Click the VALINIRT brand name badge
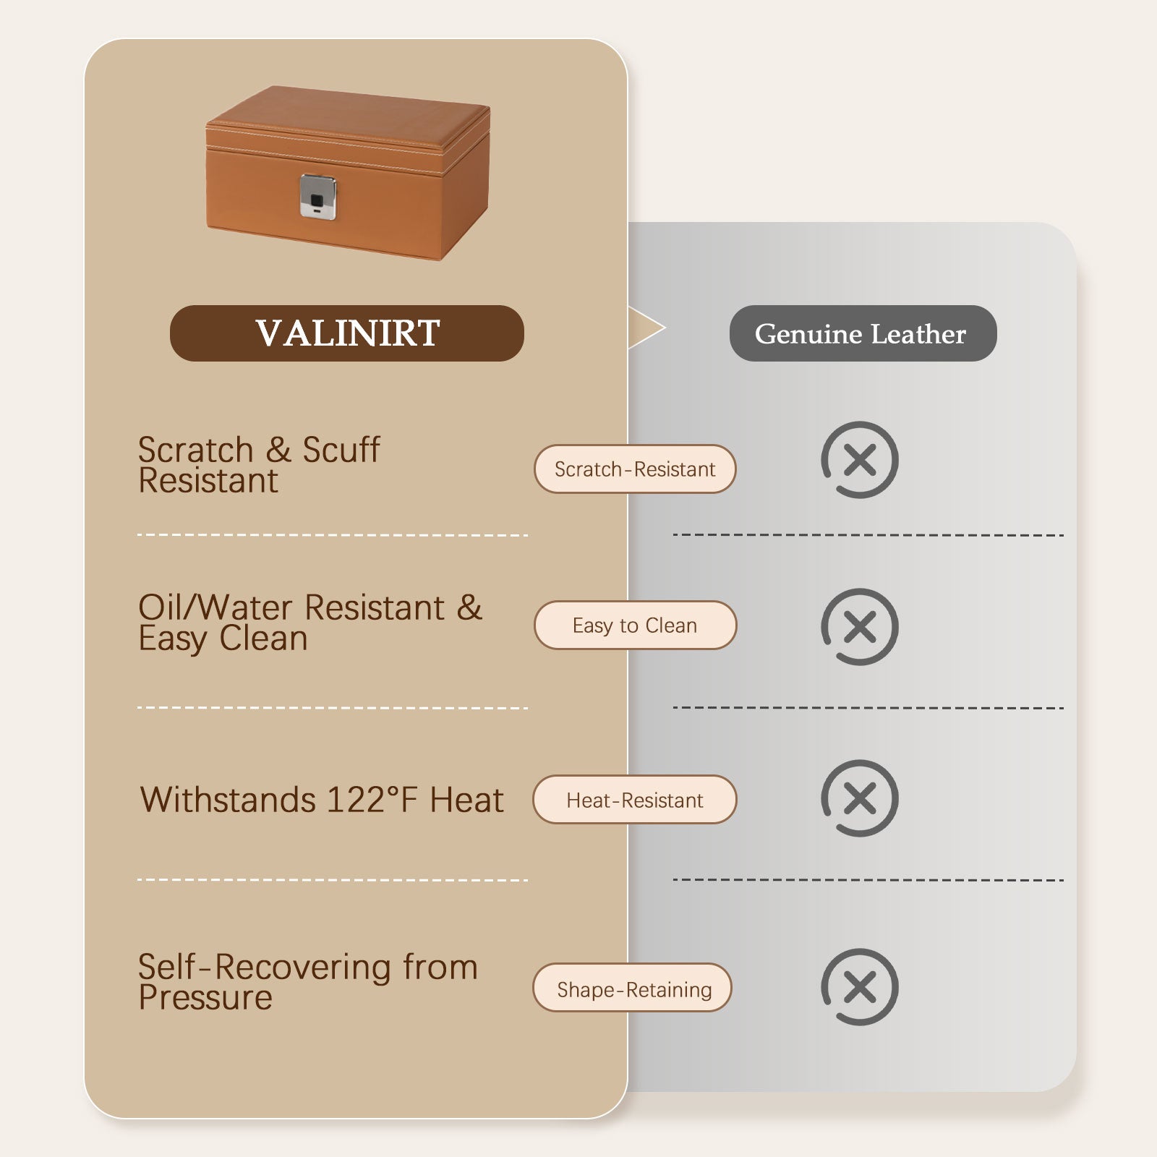(x=347, y=333)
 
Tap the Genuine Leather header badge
(x=862, y=333)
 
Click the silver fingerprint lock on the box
(x=318, y=196)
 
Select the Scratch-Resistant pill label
(x=635, y=469)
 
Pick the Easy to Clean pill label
(x=635, y=626)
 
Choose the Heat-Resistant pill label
(x=635, y=800)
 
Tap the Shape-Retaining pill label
(x=633, y=989)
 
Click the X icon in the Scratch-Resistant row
(x=860, y=460)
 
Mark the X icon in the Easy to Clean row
(x=860, y=627)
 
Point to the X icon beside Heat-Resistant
(x=860, y=798)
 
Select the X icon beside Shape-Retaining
(x=860, y=987)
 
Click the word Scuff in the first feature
(x=341, y=450)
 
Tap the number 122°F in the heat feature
(x=372, y=800)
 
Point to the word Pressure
(x=205, y=999)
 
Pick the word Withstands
(x=228, y=800)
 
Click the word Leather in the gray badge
(x=918, y=333)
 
